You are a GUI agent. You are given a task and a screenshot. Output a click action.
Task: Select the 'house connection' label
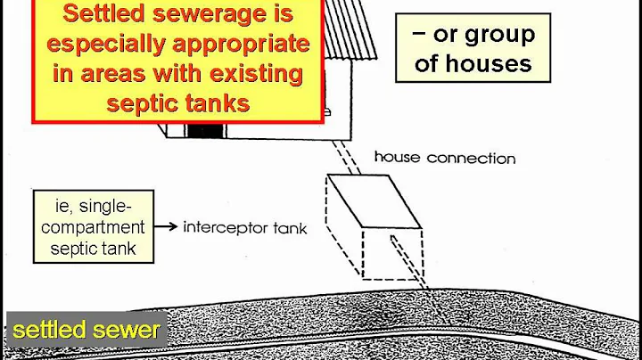pyautogui.click(x=444, y=159)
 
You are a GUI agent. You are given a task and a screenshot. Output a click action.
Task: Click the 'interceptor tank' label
pyautogui.click(x=245, y=227)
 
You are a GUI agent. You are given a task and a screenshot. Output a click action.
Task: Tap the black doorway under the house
pyautogui.click(x=206, y=130)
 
